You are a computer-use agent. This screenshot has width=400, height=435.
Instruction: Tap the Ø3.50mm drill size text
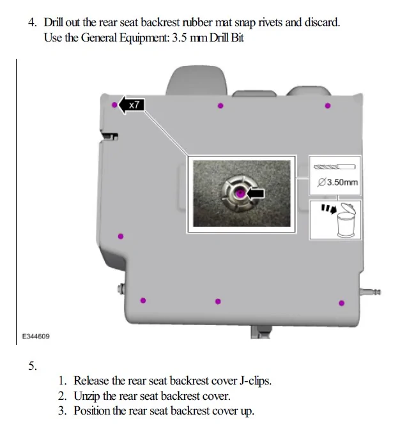tap(338, 183)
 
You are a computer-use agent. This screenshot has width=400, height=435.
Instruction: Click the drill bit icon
tap(335, 167)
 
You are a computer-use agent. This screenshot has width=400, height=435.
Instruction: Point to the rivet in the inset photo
tap(238, 192)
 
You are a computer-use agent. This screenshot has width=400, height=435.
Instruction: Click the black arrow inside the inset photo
tap(256, 192)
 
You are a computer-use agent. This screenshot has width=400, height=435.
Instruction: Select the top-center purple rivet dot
tap(220, 106)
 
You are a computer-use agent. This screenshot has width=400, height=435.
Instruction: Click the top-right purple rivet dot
tap(328, 106)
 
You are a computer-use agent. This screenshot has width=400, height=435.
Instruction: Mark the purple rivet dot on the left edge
tap(121, 236)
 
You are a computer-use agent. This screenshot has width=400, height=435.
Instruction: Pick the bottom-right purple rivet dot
tap(341, 303)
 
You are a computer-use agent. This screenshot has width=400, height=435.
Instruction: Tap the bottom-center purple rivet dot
tap(218, 301)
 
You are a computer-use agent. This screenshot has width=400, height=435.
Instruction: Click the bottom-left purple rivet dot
tap(143, 300)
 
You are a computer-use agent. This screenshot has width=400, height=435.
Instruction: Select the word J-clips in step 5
tap(256, 381)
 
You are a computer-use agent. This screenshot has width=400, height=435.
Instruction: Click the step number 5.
tap(33, 366)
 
